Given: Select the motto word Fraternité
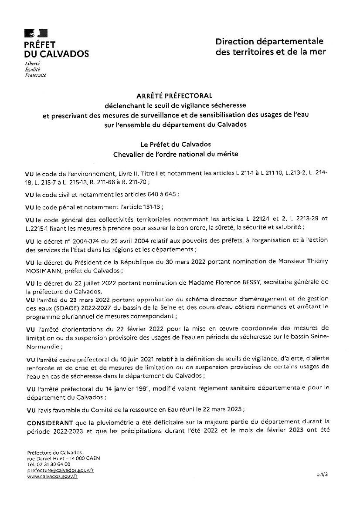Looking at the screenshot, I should tap(36, 75).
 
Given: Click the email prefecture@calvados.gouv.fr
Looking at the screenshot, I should tap(61, 471).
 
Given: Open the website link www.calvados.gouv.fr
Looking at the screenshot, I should tap(52, 477).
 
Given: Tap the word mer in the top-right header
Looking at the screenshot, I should tap(318, 52).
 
